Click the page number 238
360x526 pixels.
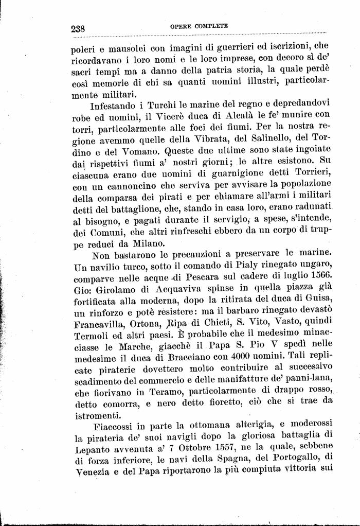coord(81,28)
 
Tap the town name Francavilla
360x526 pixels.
coord(103,324)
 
